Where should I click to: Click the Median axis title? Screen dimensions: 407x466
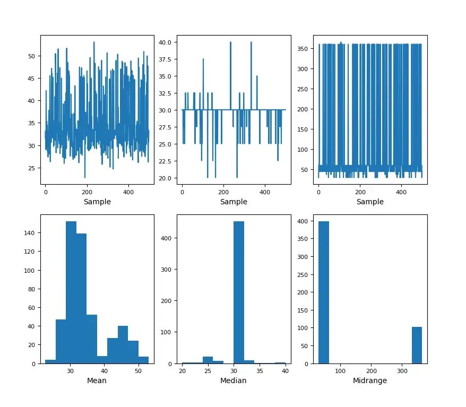click(234, 380)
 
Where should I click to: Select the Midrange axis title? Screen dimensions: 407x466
click(370, 380)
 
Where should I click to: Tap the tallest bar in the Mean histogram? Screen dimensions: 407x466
click(71, 292)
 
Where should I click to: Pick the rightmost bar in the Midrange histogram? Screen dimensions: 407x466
click(417, 345)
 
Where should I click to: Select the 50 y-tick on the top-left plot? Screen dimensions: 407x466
click(31, 56)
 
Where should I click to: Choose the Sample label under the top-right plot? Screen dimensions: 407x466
click(370, 202)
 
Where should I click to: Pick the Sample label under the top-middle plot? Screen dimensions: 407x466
click(234, 202)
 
